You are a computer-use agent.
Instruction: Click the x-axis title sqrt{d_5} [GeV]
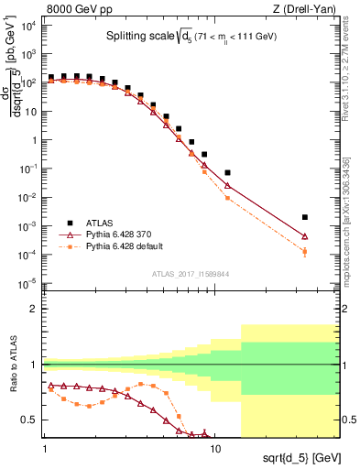point(292,455)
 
